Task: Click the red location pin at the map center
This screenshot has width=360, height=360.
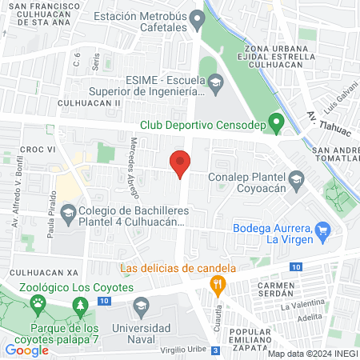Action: [x=181, y=165]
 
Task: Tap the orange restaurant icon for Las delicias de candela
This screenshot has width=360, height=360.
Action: [x=216, y=283]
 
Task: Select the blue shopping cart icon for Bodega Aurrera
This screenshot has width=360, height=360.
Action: [x=323, y=229]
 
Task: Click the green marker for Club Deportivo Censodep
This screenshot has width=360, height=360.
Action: [x=276, y=124]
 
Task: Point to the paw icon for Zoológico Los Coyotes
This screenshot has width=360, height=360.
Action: [x=38, y=302]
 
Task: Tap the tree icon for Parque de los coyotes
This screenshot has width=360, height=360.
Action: [x=80, y=306]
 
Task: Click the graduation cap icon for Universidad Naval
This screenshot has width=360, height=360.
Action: [x=141, y=306]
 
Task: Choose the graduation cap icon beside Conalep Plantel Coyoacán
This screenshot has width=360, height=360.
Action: [x=297, y=178]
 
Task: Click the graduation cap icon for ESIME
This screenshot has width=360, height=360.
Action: [x=216, y=81]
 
